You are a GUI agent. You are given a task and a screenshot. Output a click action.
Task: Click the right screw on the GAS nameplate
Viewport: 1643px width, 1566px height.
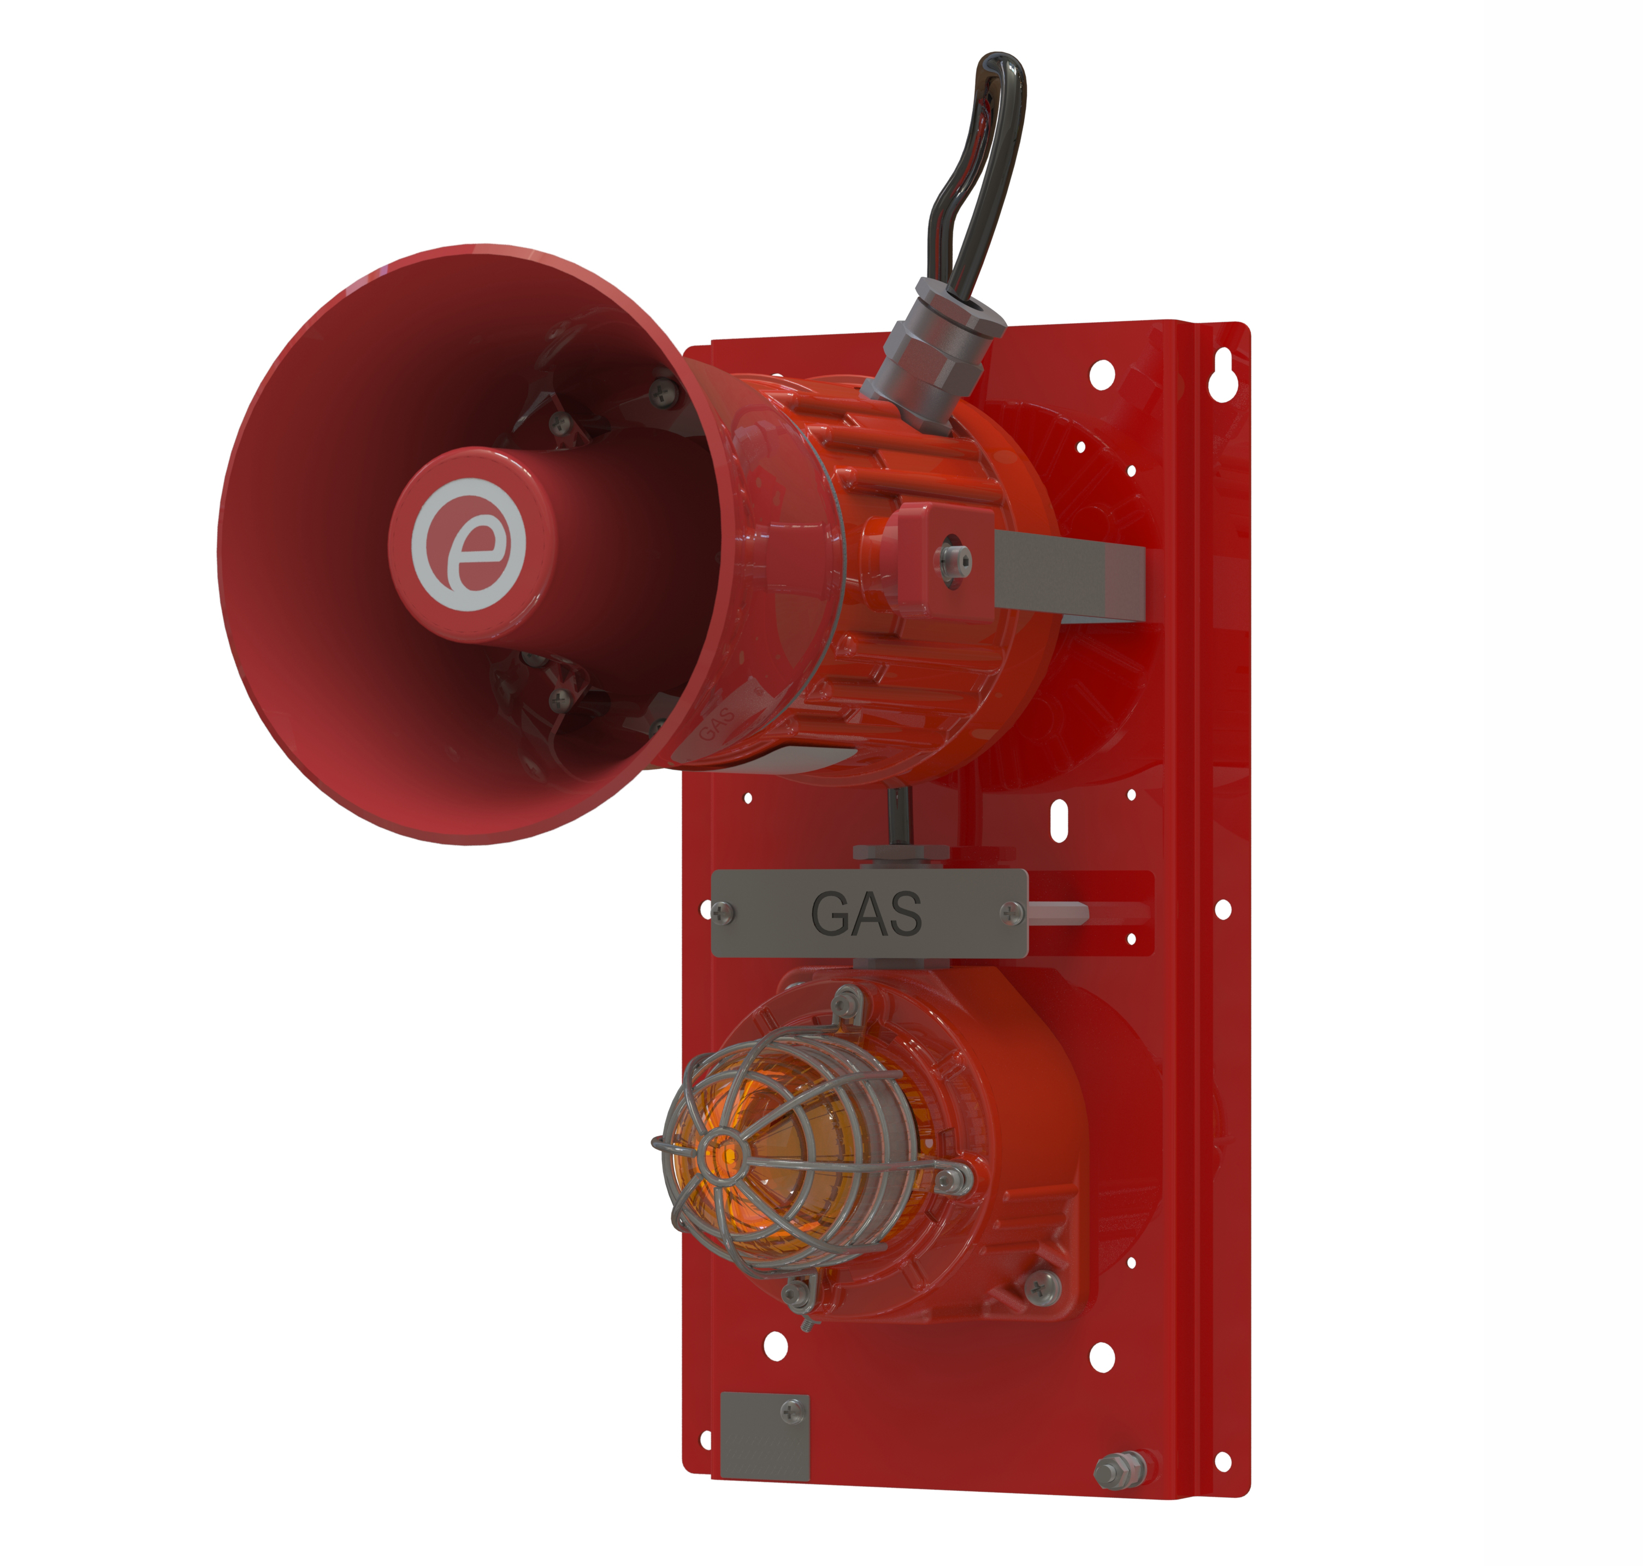1012,912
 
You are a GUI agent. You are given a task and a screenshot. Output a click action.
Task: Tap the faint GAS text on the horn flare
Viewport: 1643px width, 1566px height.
716,723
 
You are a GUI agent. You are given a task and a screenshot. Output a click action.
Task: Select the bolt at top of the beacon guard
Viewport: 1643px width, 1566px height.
846,998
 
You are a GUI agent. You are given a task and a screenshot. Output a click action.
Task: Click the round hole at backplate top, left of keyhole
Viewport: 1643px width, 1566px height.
1102,374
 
